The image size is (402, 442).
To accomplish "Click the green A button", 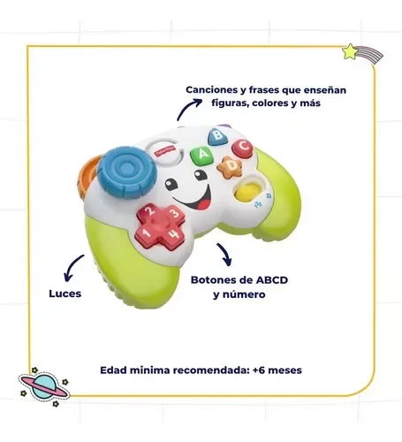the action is coord(201,155).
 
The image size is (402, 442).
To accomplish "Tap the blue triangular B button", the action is coord(217,136).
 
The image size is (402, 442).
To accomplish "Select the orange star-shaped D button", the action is coord(231,167).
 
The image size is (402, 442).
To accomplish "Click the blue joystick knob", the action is coord(126,172).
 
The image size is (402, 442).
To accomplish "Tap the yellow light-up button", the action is coord(247,193).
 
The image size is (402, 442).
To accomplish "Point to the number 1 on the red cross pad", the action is coord(147,233).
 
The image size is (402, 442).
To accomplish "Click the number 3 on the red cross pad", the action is coord(175,212).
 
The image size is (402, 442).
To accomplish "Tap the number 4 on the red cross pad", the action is coord(174,233).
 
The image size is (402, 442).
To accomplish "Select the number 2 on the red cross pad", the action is coord(150,210).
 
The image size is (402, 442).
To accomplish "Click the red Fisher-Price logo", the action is coord(163,151).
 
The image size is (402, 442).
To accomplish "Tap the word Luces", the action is coord(65,293).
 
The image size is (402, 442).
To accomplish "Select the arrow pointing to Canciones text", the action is coord(186,107).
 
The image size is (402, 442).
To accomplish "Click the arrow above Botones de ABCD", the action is coord(225,253).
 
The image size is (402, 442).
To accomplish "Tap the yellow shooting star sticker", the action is coord(362,53).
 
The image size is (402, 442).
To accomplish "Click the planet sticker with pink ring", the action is coord(44,386).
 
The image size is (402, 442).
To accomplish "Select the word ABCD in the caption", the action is coord(271,279).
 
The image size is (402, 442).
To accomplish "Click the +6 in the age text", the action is coord(259,370).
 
